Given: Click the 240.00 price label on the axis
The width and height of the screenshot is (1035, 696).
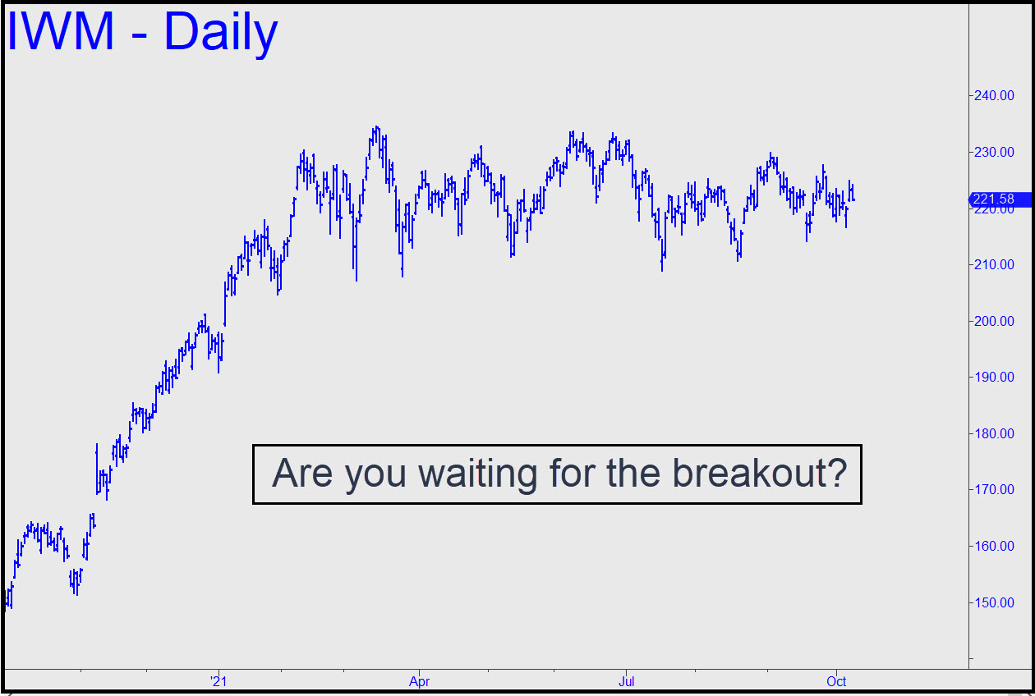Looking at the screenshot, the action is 994,95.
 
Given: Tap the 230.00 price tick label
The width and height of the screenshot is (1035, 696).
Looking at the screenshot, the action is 994,152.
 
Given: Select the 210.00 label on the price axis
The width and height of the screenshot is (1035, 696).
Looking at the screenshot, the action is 994,264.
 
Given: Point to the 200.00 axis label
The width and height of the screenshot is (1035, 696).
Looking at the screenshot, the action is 994,321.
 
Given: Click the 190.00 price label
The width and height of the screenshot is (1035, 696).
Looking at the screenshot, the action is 994,377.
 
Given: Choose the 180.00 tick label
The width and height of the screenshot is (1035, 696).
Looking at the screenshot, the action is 994,433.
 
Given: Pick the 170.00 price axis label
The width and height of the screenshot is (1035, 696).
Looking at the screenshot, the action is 994,489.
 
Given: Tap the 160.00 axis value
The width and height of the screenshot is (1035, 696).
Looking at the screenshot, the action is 994,546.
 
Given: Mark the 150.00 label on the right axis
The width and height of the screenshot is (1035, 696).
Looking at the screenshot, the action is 994,602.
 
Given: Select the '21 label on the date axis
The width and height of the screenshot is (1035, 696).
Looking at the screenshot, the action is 218,681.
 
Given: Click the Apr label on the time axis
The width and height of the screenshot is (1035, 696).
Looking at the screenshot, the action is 419,681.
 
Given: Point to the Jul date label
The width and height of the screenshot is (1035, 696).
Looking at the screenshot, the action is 626,681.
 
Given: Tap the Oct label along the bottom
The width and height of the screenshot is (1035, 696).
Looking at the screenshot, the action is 836,681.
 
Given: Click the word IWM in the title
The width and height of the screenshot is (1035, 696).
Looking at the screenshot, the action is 61,31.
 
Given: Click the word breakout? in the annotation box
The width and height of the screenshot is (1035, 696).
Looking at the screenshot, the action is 759,473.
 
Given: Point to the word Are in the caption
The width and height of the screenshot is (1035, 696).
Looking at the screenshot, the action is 302,473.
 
